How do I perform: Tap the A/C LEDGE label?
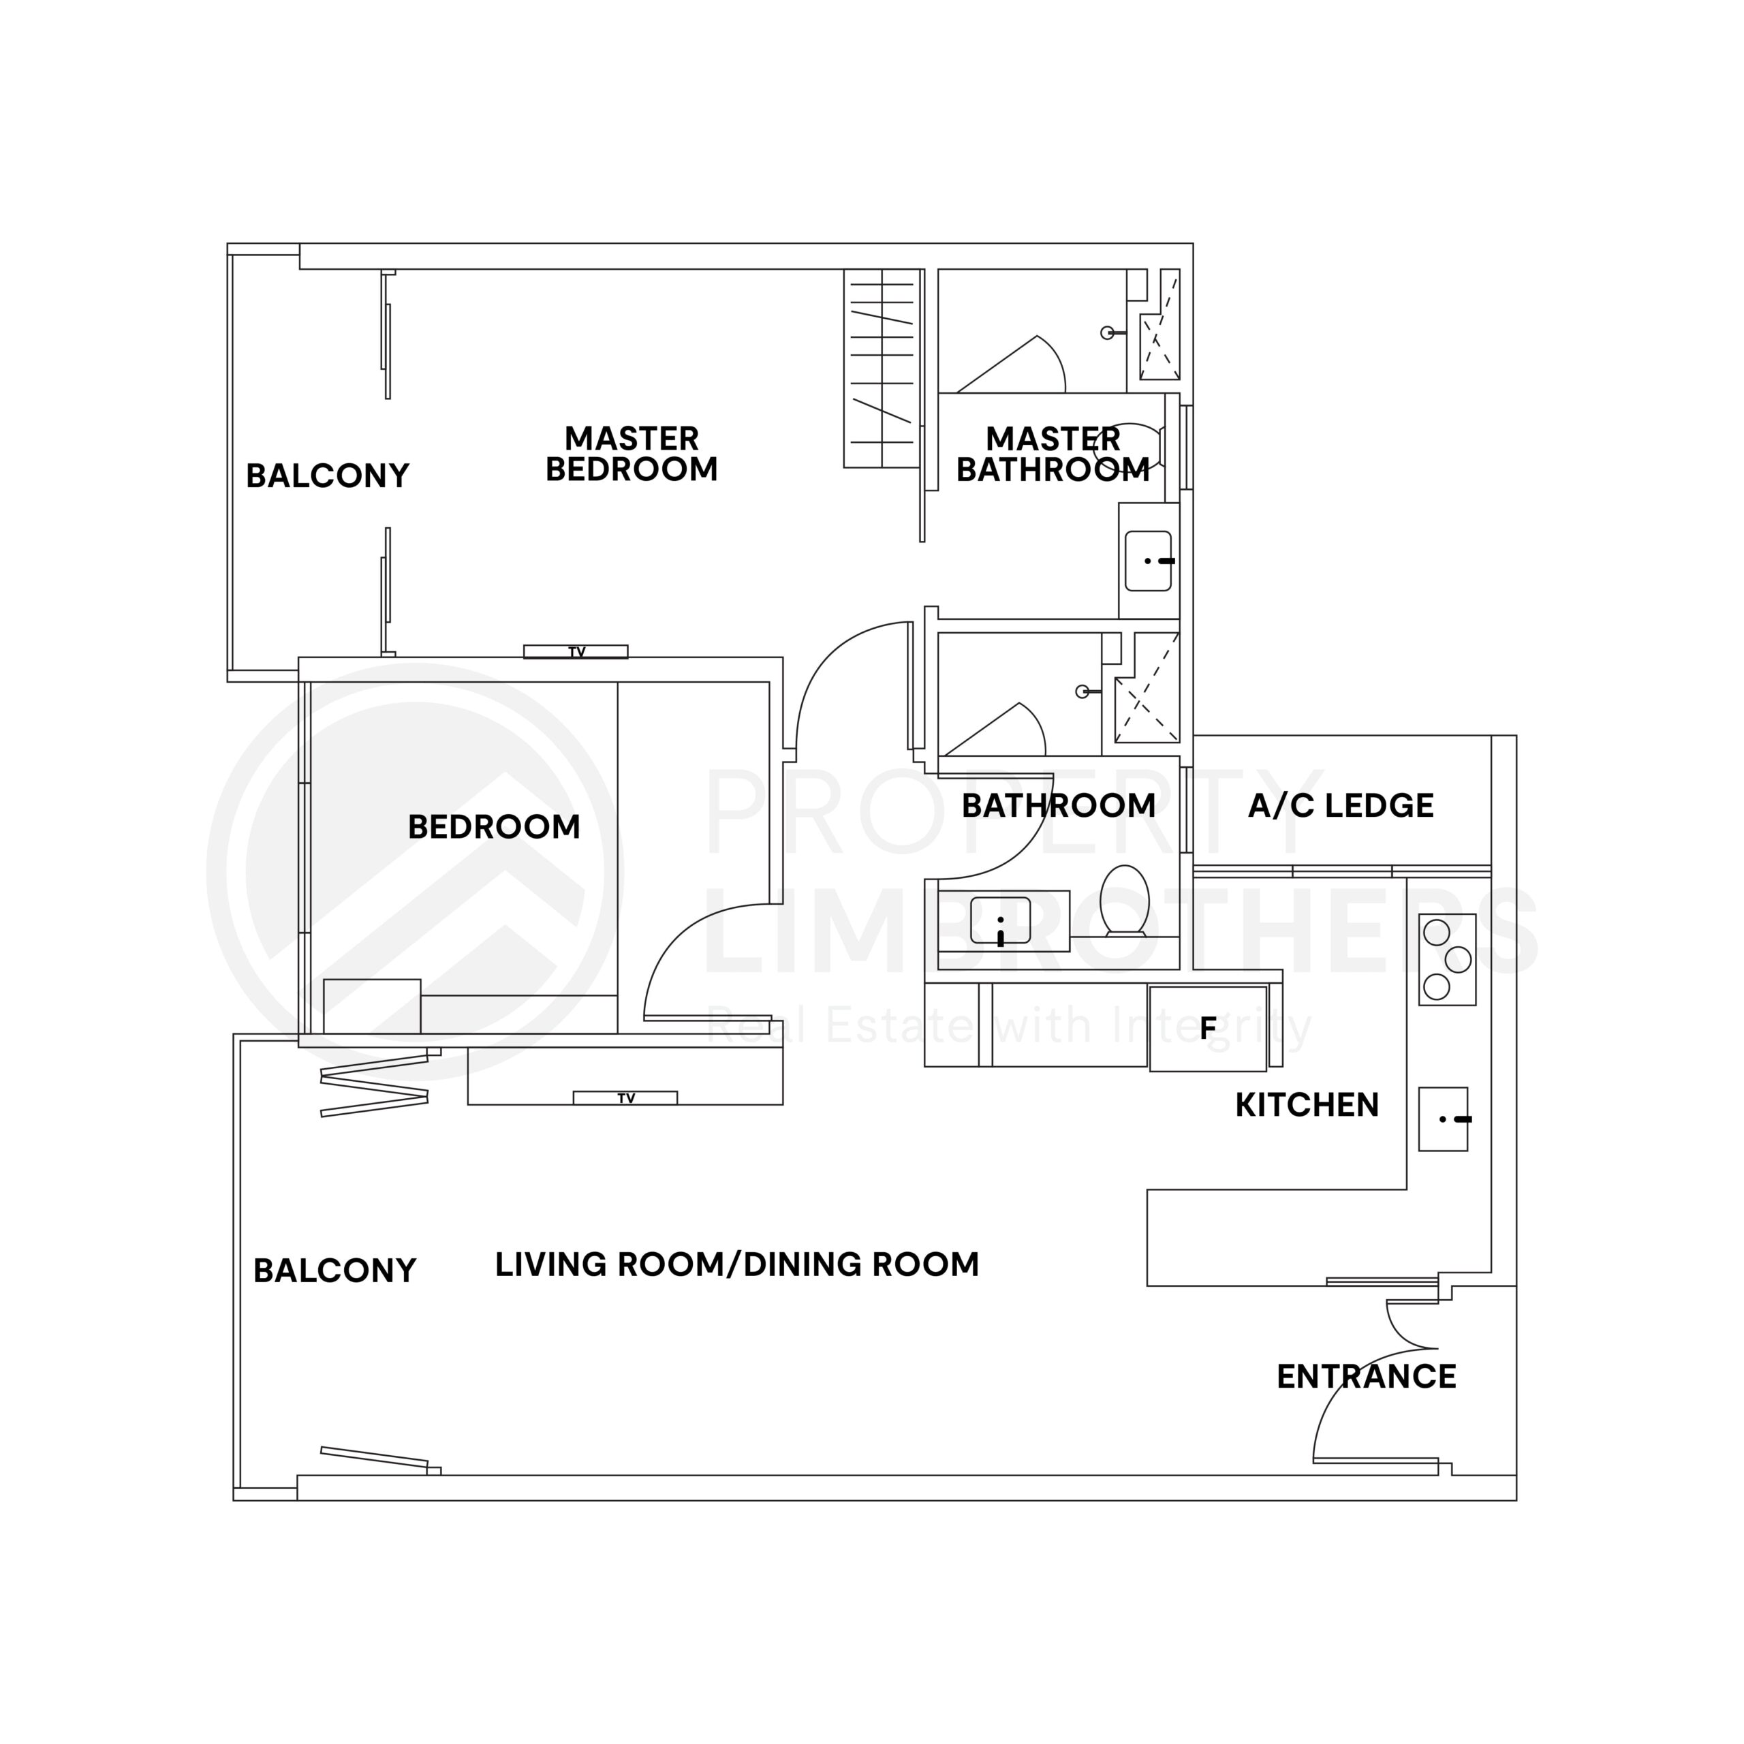[1341, 805]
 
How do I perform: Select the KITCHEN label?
[1306, 1105]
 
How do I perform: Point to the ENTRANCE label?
[1366, 1377]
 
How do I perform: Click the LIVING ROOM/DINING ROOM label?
[736, 1264]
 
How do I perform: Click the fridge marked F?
[1208, 1028]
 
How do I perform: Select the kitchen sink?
[1442, 1119]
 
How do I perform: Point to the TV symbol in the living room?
[625, 1097]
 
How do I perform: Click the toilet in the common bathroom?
[1125, 899]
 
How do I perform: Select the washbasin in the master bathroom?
[1148, 561]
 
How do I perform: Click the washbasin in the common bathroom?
[1000, 921]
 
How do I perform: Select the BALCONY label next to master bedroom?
[328, 476]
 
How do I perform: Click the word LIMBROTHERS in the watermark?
[1119, 930]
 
